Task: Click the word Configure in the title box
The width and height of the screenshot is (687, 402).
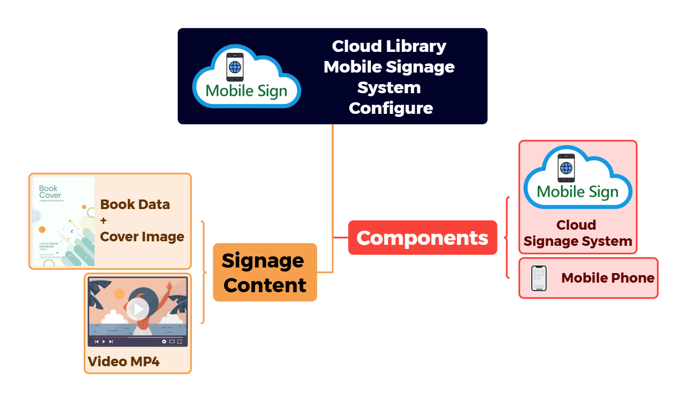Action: [391, 108]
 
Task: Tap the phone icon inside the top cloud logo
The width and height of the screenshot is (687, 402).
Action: [235, 66]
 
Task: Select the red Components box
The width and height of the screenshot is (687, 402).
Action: [422, 237]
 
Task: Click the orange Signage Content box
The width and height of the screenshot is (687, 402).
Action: [265, 273]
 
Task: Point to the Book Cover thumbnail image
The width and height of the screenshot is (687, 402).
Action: [63, 221]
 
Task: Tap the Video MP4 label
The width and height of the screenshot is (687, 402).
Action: [123, 362]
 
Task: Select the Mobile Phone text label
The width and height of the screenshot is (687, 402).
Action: [607, 278]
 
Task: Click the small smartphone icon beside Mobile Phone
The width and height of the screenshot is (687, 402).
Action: [539, 278]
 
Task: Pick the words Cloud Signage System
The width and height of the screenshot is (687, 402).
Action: [577, 233]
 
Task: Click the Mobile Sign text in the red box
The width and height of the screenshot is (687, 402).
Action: [578, 191]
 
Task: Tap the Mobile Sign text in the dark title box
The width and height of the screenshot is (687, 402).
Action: [246, 91]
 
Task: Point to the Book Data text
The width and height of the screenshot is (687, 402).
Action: [135, 205]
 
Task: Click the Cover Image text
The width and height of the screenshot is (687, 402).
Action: [142, 237]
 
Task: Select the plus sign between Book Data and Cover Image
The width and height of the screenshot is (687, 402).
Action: [104, 221]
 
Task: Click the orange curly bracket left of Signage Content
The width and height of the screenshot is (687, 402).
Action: [203, 272]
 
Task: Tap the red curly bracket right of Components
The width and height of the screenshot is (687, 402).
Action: [507, 237]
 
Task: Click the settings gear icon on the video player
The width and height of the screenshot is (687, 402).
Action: [164, 342]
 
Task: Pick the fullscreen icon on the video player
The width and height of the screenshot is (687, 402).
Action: [179, 342]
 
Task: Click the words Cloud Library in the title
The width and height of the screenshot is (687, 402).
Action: [389, 46]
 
